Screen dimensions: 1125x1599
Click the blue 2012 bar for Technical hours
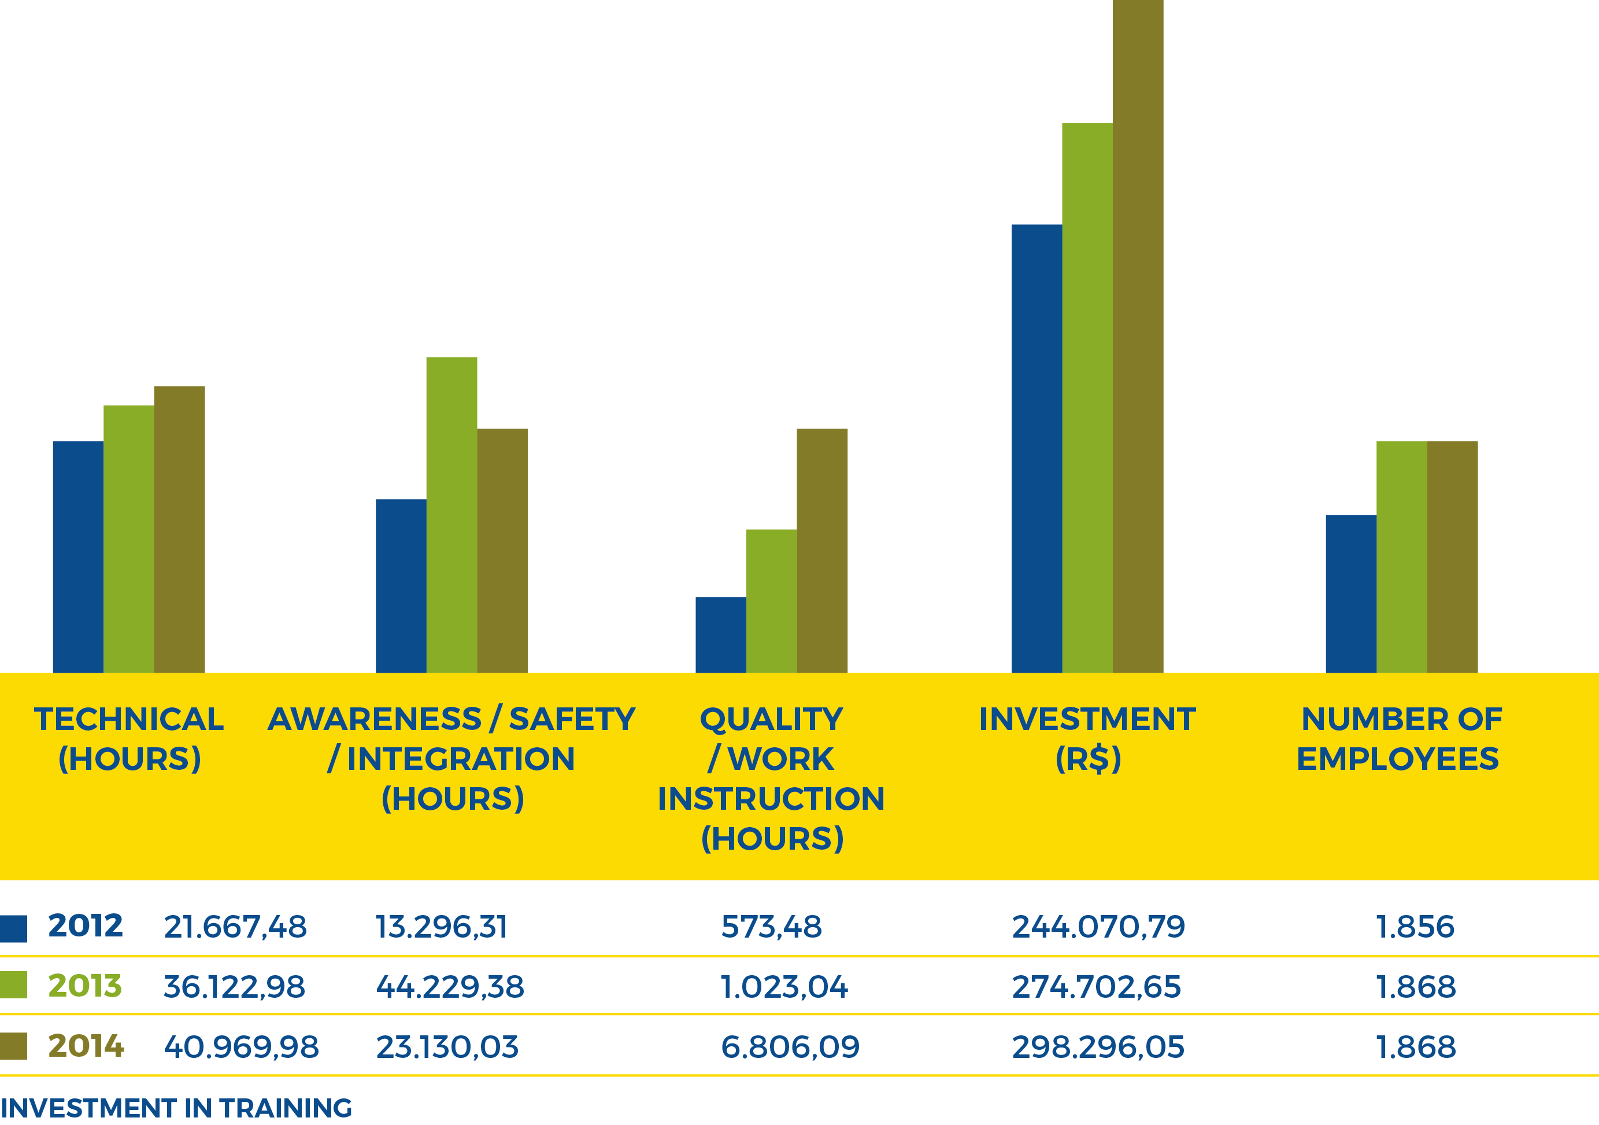pos(78,556)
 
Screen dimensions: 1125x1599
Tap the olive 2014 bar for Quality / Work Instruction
pos(822,550)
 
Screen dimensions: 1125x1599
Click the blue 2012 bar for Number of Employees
pos(1350,593)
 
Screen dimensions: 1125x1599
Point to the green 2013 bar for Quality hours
pos(771,600)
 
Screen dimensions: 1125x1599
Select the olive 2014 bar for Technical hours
pos(179,529)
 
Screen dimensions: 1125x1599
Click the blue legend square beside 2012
pos(13,928)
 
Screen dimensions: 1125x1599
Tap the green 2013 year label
pos(85,986)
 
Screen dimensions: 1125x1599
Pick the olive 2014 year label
pos(86,1046)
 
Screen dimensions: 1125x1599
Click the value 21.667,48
pos(235,927)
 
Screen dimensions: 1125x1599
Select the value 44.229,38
pos(449,986)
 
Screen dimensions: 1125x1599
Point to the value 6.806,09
pos(790,1046)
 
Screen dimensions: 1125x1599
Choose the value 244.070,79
pos(1098,927)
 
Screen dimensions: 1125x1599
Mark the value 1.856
pos(1415,927)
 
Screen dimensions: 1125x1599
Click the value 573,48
pos(771,927)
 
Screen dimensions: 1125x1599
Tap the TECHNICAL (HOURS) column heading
pos(129,739)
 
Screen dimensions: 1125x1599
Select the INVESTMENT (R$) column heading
pos(1087,739)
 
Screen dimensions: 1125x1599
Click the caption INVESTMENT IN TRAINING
pos(176,1108)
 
